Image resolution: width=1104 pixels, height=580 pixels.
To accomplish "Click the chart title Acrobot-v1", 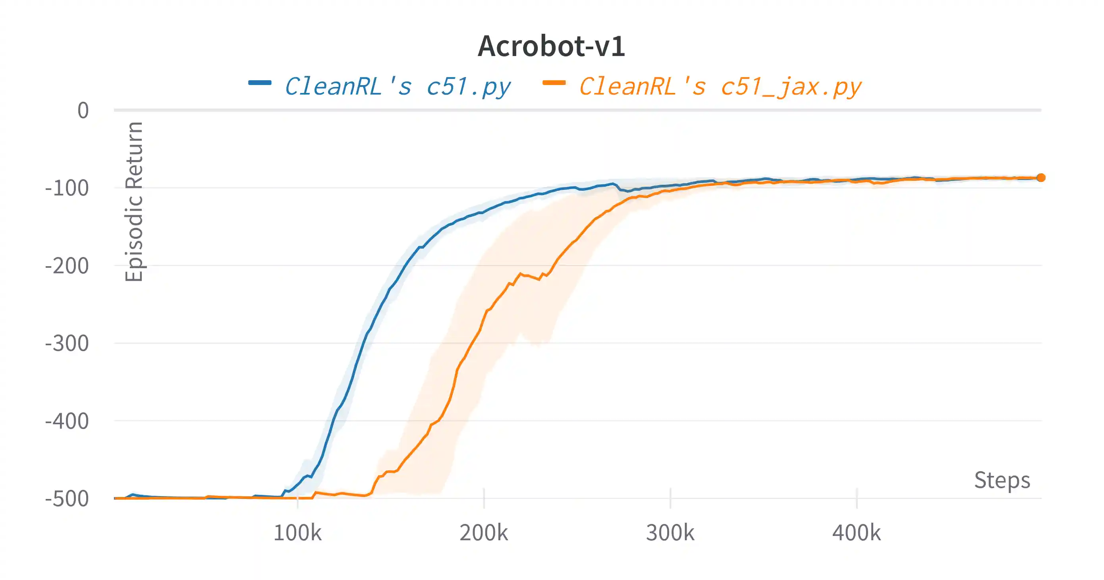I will [x=552, y=46].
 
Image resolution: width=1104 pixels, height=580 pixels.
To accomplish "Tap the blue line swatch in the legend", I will [x=260, y=83].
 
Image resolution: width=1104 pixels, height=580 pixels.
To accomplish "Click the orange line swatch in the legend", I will [x=554, y=83].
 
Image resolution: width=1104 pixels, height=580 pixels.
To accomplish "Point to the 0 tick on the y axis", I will [x=83, y=110].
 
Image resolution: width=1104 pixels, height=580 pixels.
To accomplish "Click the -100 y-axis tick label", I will [x=67, y=188].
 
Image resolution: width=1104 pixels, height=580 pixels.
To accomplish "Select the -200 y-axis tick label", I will [x=67, y=266].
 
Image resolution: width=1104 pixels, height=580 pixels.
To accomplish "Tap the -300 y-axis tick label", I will [x=67, y=343].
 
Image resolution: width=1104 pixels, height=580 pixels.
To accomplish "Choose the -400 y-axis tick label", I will [x=67, y=421].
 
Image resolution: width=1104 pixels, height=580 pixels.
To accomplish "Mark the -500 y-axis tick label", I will [x=67, y=499].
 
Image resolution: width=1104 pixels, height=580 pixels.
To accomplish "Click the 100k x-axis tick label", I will [x=297, y=533].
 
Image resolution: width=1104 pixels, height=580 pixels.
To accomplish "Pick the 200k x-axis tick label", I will [x=484, y=533].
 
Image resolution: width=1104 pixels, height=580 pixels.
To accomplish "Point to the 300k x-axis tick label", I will [x=670, y=533].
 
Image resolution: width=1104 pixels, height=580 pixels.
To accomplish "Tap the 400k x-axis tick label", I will [x=857, y=533].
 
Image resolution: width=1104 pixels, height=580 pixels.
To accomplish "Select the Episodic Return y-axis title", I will [x=134, y=201].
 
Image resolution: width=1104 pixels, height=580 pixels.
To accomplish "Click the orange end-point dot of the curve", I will [x=1041, y=178].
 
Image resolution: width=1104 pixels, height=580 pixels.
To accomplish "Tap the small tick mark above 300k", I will [x=670, y=498].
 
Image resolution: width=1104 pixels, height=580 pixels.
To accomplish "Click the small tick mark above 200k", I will [x=484, y=498].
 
